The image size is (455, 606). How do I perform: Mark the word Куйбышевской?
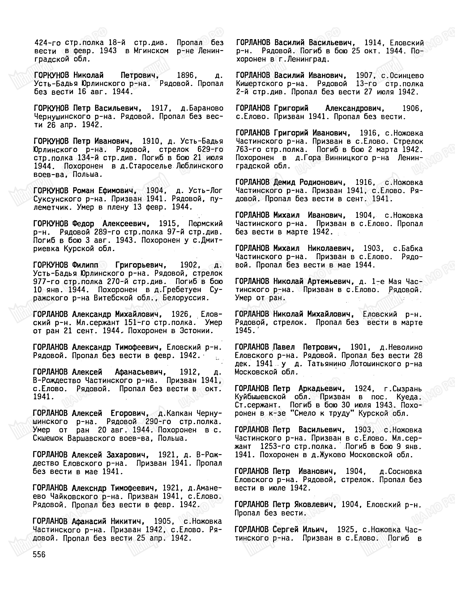click(x=260, y=397)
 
